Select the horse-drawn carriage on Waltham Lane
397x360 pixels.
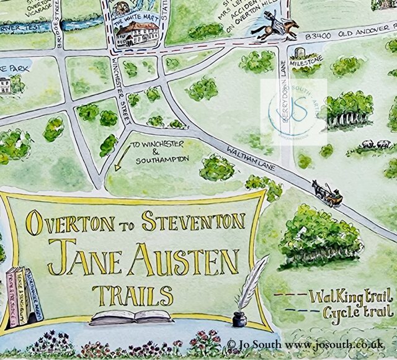tap(328, 194)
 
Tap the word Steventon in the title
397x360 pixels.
tap(194, 222)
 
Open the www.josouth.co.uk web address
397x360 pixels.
tap(344, 343)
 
